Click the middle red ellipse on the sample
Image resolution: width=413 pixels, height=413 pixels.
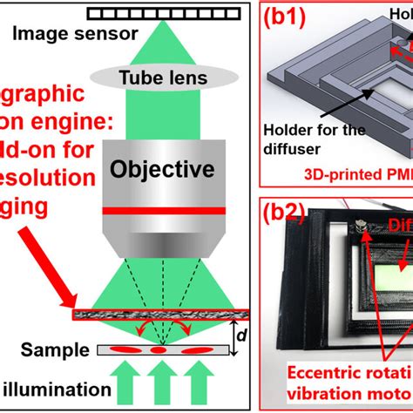click(158, 350)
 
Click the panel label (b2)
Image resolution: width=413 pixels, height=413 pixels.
click(288, 215)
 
